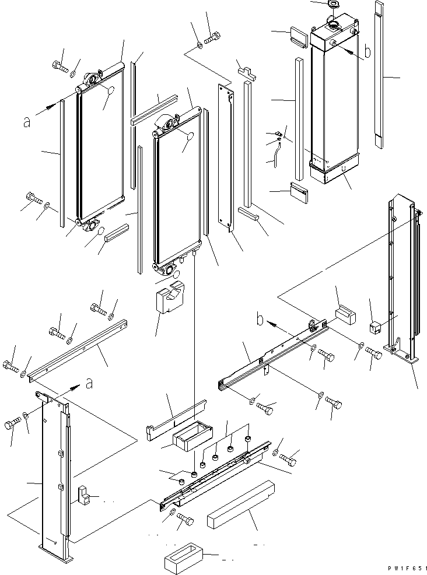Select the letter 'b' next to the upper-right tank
(366, 52)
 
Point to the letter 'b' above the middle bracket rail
(261, 320)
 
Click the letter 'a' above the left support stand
(88, 383)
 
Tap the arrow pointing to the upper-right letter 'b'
(350, 50)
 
